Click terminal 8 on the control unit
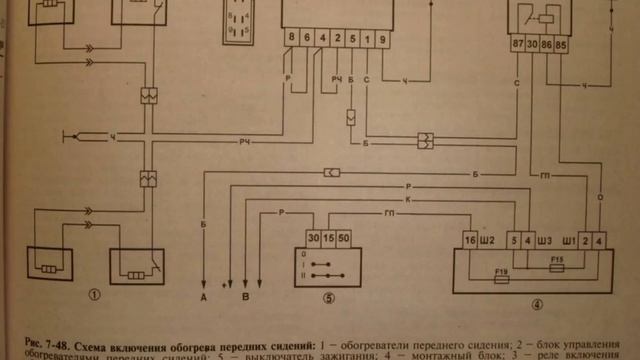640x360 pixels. [x=291, y=38]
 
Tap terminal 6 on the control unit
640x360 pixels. [x=306, y=38]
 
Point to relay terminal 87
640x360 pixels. [x=517, y=45]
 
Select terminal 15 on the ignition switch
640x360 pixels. [x=331, y=240]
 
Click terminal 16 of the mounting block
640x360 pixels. [x=470, y=241]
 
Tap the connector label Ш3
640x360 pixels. [x=544, y=241]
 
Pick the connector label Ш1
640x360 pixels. [x=570, y=241]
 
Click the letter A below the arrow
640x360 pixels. [x=203, y=297]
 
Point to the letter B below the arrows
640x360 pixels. [x=246, y=297]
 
